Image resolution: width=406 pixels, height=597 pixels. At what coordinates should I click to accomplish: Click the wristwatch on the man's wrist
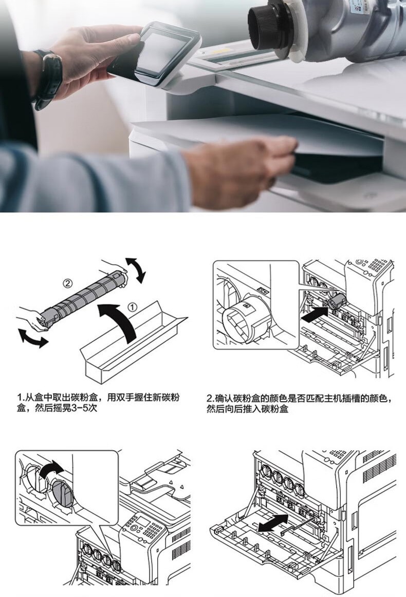tap(48, 78)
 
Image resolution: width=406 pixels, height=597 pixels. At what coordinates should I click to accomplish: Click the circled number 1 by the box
tap(132, 307)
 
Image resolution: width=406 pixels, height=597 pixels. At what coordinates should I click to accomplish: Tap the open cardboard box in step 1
tap(133, 344)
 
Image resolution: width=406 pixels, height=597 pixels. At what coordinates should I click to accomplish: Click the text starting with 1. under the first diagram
tap(98, 403)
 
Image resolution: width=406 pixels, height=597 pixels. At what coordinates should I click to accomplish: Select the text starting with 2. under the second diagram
tap(299, 403)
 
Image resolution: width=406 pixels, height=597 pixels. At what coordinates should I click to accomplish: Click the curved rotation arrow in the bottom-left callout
tap(51, 470)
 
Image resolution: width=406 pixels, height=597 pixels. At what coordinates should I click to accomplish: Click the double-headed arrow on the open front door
tap(273, 523)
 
